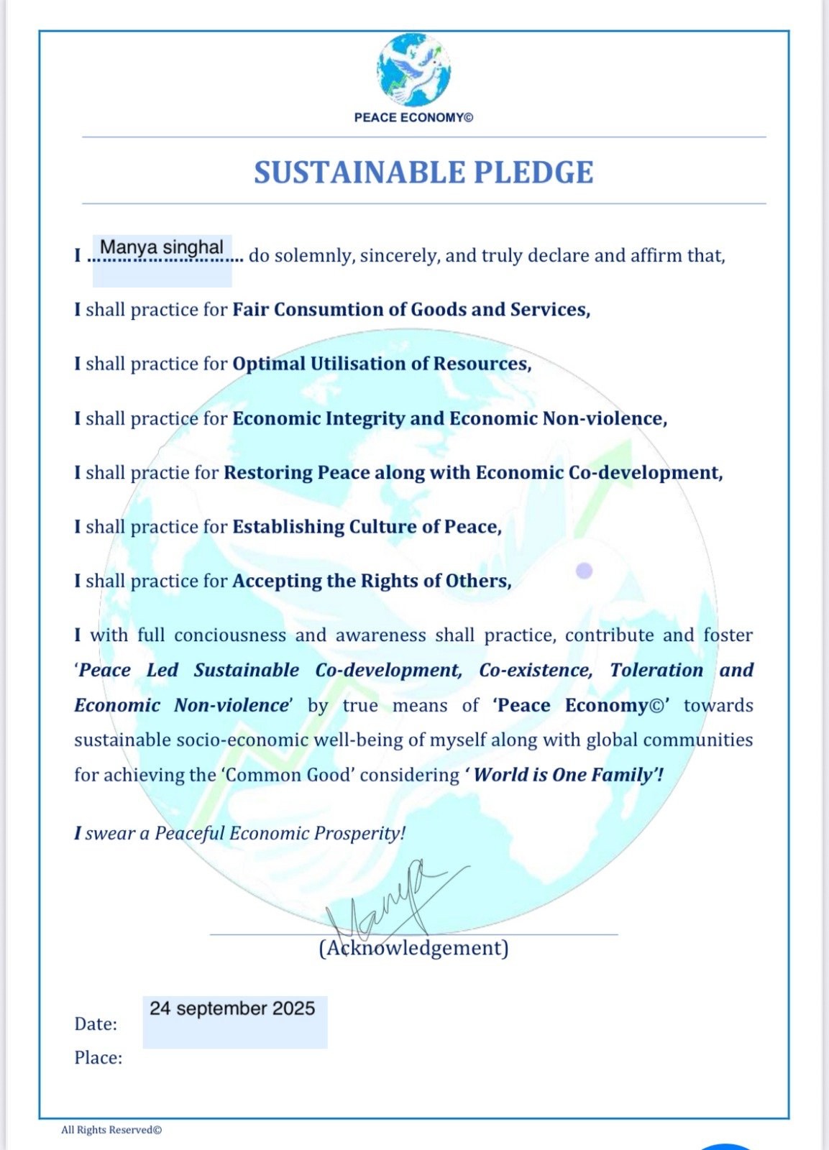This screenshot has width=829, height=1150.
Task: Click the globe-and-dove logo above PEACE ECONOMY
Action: coord(413,70)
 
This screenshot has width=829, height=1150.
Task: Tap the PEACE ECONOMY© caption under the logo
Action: coord(413,117)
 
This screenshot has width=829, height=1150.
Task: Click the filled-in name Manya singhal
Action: coord(162,247)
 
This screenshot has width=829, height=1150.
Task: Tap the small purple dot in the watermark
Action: coord(585,571)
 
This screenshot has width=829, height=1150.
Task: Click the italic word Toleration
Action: coord(656,670)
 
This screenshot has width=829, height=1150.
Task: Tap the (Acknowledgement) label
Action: coord(413,948)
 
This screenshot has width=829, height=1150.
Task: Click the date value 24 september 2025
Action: coord(232,1008)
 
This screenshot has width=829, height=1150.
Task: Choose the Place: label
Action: coord(98,1058)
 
